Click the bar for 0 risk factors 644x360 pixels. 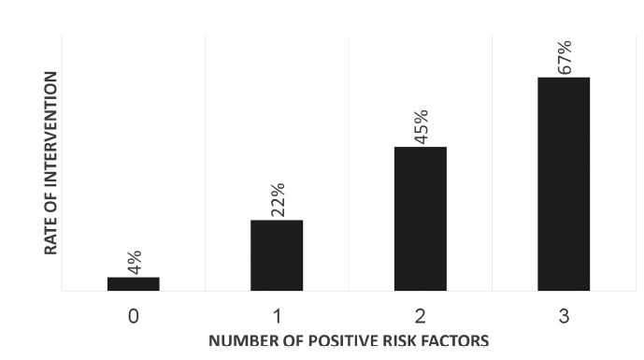[x=134, y=284]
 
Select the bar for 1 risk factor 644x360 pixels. [x=277, y=255]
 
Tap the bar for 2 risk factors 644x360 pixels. [x=421, y=219]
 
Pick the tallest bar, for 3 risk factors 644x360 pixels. [x=564, y=184]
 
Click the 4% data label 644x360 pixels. [x=135, y=262]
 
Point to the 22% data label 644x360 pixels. [x=278, y=200]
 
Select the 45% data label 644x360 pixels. [x=422, y=127]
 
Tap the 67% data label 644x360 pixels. [x=565, y=58]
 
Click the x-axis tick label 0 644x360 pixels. [x=134, y=316]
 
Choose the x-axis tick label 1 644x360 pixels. [x=278, y=316]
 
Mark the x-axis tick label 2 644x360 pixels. [x=421, y=316]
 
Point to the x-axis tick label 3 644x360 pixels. [x=564, y=316]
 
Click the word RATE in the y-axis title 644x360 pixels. [x=50, y=239]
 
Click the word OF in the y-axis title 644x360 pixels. [x=50, y=210]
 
